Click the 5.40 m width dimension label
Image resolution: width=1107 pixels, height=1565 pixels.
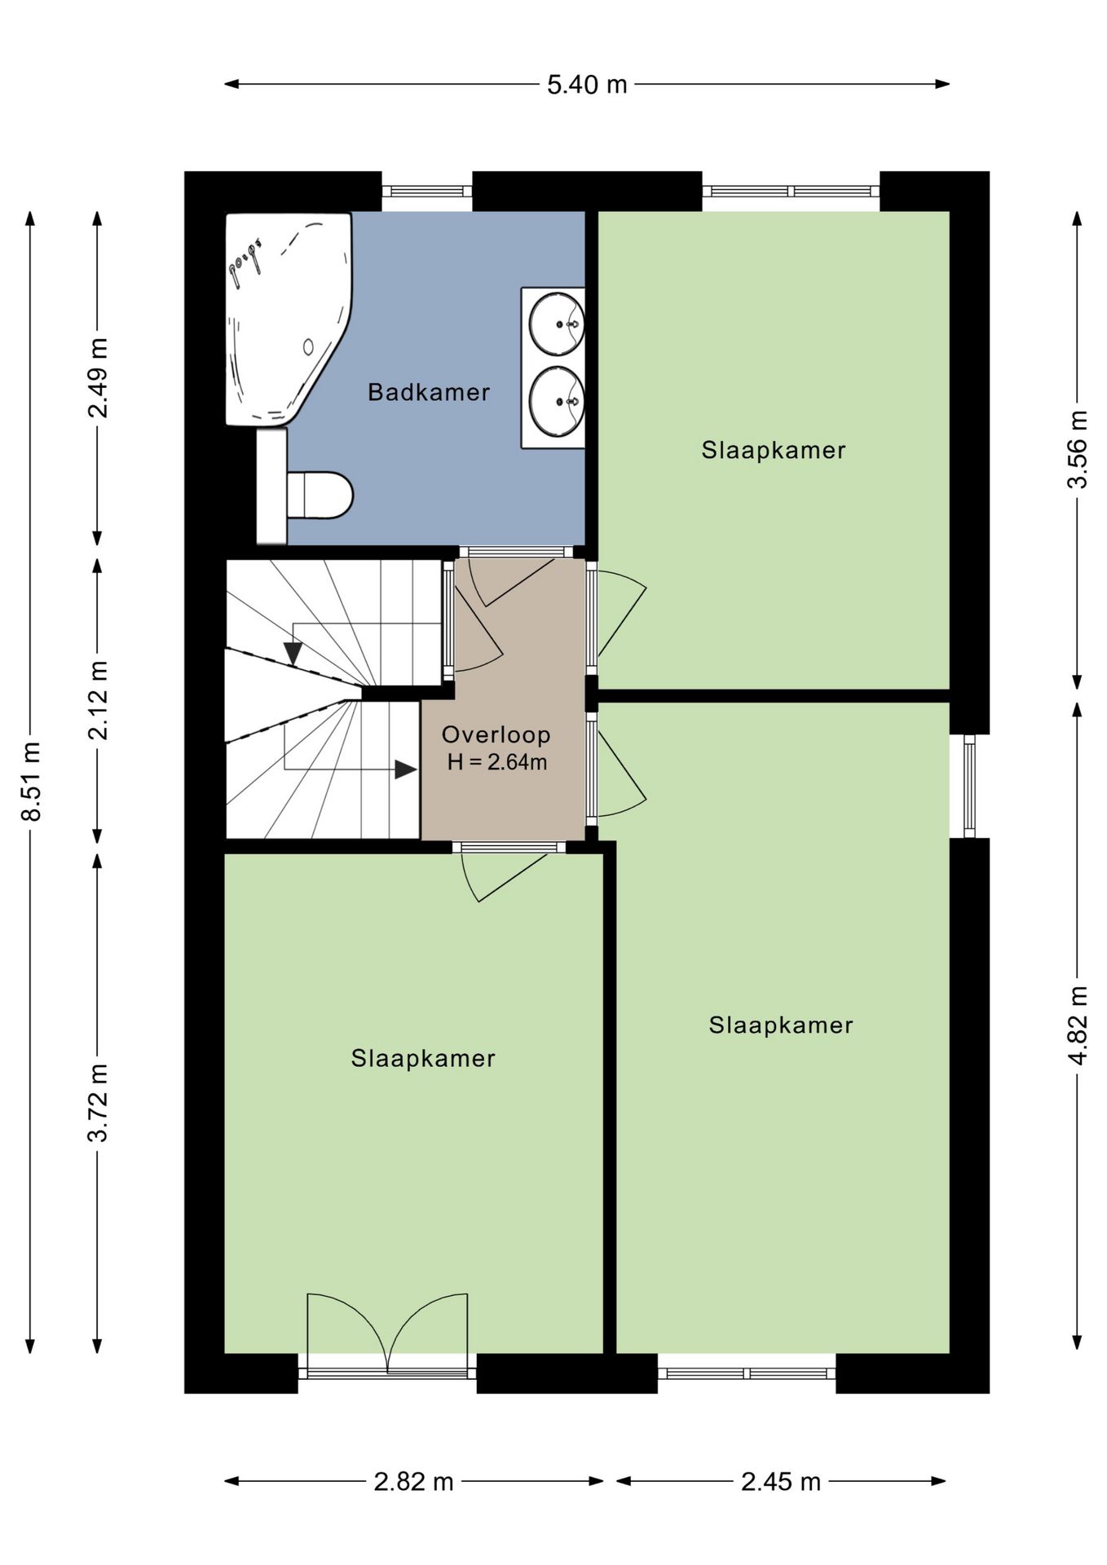click(x=587, y=85)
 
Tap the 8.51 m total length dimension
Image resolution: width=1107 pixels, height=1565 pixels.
click(x=32, y=781)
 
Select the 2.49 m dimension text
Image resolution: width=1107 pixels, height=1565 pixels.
click(x=98, y=377)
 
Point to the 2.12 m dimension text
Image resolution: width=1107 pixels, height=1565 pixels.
click(x=98, y=700)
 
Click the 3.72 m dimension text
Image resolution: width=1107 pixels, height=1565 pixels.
click(x=98, y=1103)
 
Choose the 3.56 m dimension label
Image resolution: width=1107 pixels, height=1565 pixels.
click(x=1078, y=449)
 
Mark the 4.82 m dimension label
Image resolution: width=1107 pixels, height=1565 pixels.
click(x=1078, y=1025)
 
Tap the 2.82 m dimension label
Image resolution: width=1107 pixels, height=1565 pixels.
click(x=413, y=1481)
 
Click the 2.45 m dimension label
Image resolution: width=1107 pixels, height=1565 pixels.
click(x=780, y=1481)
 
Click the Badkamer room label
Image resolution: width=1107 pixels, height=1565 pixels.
click(x=429, y=392)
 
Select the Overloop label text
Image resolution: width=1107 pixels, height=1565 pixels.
click(x=496, y=734)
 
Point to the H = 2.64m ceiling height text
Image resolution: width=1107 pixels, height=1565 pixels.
click(x=496, y=763)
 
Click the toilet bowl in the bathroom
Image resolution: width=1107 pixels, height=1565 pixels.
click(x=320, y=495)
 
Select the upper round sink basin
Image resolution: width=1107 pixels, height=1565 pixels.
click(x=557, y=324)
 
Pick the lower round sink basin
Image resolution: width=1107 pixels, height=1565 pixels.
click(x=557, y=401)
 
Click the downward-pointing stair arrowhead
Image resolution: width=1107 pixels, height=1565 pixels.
click(x=293, y=654)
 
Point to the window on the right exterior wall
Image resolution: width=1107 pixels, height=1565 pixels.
click(x=969, y=786)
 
